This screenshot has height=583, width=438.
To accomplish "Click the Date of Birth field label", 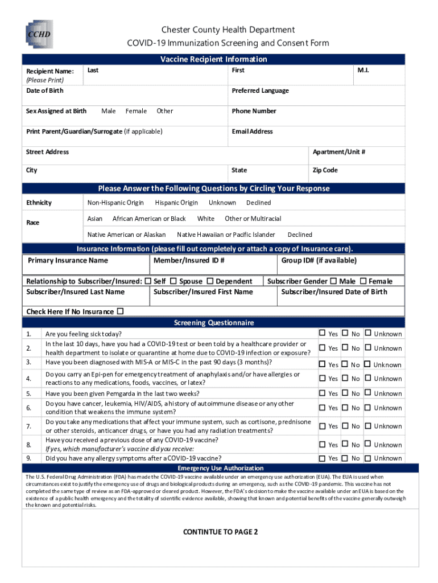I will point(45,91).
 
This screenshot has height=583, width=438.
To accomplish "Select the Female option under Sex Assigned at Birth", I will point(136,111).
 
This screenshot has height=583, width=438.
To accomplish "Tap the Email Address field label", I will point(252,132).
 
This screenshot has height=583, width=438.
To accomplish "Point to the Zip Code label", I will point(325,170).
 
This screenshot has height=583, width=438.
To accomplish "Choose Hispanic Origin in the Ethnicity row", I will point(176,203).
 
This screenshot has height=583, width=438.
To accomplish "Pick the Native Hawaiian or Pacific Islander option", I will point(226,235).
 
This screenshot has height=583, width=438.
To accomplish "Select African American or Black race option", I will point(149,219).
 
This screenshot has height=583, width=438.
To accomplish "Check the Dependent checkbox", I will point(210,281).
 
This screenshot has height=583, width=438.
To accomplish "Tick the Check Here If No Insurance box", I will point(120,311).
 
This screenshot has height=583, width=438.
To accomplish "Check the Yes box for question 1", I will point(322,333).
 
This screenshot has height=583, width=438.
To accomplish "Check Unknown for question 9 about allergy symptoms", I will point(367,458).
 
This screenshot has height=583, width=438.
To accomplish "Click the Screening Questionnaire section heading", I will point(213,323).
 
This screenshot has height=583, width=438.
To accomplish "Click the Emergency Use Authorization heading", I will point(213,468).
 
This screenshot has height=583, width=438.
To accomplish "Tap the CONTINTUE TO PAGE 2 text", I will point(220,532).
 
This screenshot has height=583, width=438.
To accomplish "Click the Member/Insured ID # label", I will point(188,261).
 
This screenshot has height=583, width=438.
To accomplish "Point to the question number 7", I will point(28,426).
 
